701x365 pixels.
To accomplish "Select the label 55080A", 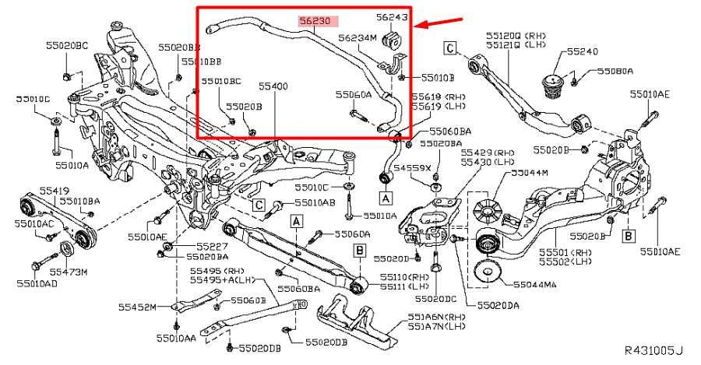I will [x=615, y=71].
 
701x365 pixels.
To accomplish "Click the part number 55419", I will [x=33, y=189].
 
